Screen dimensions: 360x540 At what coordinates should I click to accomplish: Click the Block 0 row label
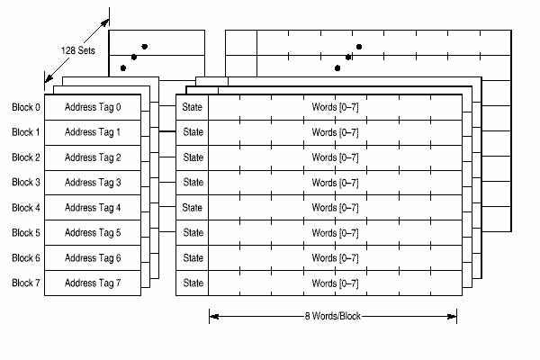[x=26, y=108]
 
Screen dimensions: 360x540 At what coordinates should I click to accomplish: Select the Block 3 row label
[x=26, y=183]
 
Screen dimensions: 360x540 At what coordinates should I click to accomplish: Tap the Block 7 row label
[x=26, y=283]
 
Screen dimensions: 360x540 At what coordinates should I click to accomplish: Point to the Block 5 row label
[x=26, y=233]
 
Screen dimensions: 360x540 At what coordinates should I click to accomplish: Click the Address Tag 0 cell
[x=93, y=108]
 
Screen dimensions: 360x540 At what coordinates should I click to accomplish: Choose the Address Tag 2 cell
[x=93, y=157]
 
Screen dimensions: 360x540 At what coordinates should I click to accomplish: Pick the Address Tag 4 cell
[x=93, y=208]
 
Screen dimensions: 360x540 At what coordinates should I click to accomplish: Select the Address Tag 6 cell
[x=93, y=258]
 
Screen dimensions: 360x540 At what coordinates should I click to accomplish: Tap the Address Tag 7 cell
[x=93, y=283]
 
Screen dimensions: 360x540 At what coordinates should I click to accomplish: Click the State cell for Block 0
[x=193, y=108]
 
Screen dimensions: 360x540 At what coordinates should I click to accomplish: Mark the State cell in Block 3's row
[x=193, y=183]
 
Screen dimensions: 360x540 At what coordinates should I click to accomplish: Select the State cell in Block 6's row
[x=193, y=258]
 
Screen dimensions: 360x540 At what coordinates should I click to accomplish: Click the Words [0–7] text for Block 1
[x=335, y=133]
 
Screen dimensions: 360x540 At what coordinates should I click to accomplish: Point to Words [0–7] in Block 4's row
[x=335, y=208]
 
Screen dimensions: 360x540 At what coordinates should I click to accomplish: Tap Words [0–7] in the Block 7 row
[x=335, y=283]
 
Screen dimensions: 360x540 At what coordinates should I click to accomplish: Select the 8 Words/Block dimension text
[x=334, y=316]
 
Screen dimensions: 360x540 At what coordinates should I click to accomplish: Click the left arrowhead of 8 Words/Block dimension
[x=212, y=316]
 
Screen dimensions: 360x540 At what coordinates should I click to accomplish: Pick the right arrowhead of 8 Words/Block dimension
[x=454, y=316]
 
